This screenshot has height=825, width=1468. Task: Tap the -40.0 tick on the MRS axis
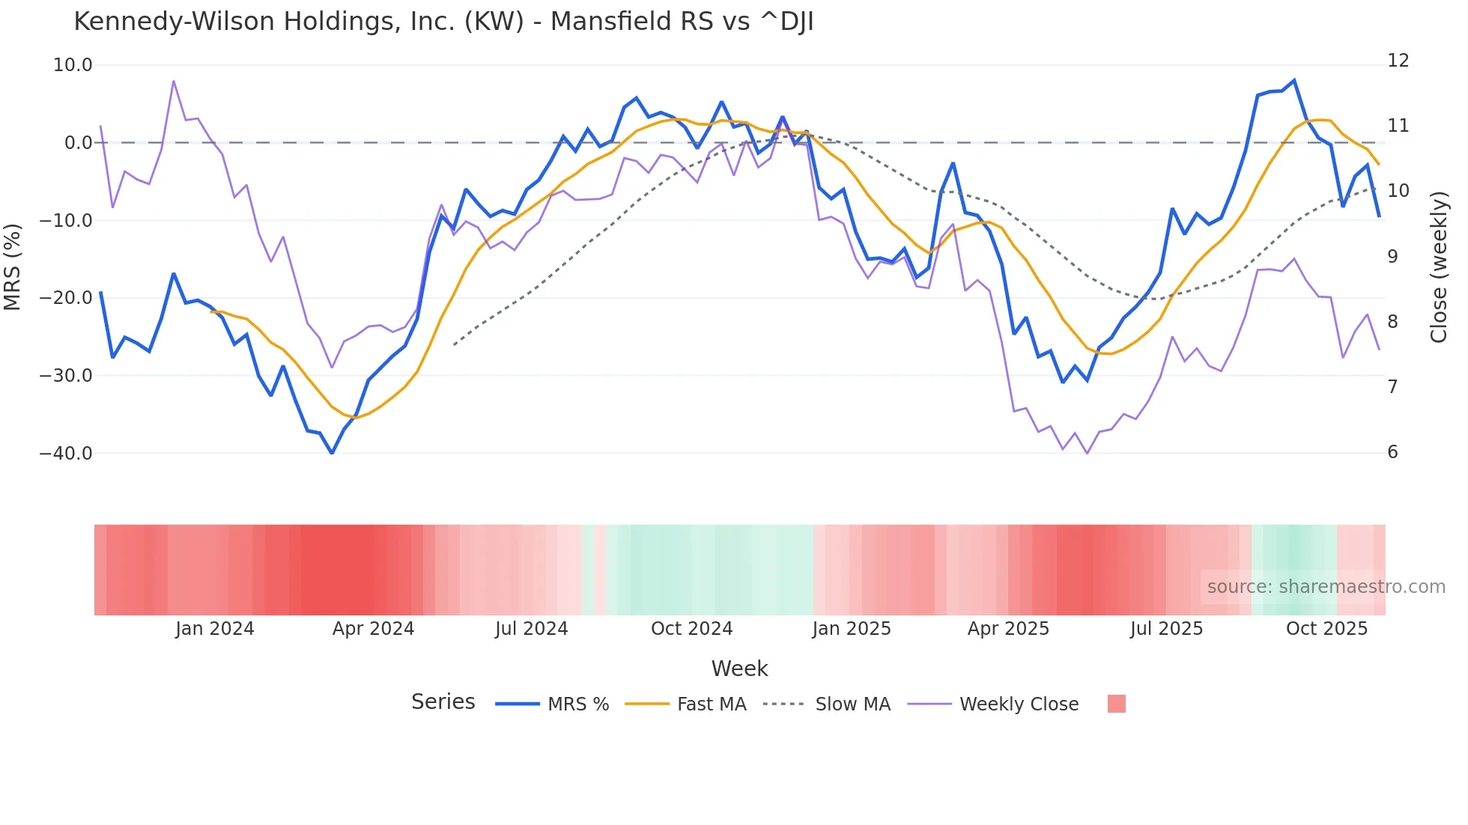pyautogui.click(x=66, y=453)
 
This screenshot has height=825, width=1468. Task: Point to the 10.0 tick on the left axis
pyautogui.click(x=73, y=65)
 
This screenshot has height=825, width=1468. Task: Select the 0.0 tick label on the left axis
pyautogui.click(x=78, y=143)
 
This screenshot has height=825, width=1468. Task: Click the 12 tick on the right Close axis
pyautogui.click(x=1398, y=61)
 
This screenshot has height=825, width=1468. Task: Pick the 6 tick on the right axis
pyautogui.click(x=1392, y=452)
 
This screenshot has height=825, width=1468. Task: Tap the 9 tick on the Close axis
pyautogui.click(x=1392, y=256)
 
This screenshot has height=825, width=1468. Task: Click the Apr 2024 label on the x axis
pyautogui.click(x=373, y=629)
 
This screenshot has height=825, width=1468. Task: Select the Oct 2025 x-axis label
pyautogui.click(x=1326, y=629)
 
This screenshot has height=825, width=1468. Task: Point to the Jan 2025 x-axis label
pyautogui.click(x=852, y=629)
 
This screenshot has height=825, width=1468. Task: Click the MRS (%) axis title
pyautogui.click(x=13, y=267)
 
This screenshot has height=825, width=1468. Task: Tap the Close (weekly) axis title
pyautogui.click(x=1439, y=267)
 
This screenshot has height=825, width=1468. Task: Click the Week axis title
pyautogui.click(x=739, y=669)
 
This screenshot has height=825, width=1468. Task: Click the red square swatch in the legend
pyautogui.click(x=1116, y=704)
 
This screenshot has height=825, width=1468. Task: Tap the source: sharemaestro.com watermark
pyautogui.click(x=1326, y=587)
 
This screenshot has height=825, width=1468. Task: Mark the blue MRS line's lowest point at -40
pyautogui.click(x=332, y=453)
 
